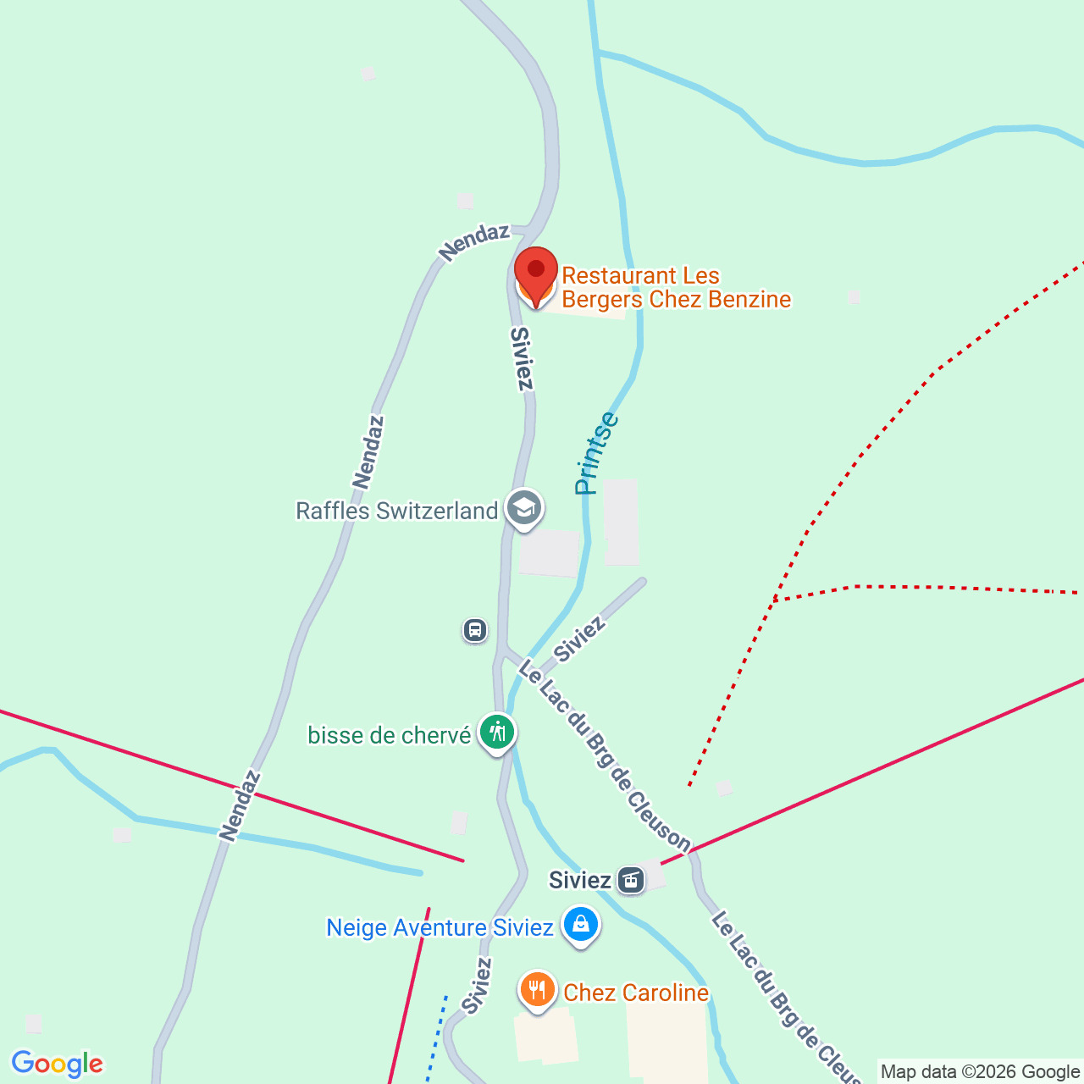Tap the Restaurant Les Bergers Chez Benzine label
click(x=676, y=288)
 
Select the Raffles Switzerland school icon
click(x=524, y=510)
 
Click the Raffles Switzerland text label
click(x=396, y=512)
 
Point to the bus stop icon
click(x=475, y=630)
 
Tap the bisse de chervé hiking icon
click(x=497, y=733)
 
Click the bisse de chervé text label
click(x=389, y=735)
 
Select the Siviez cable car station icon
click(x=631, y=880)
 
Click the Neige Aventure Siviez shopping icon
click(x=581, y=925)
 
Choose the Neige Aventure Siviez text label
click(x=440, y=928)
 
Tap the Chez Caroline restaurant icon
click(x=537, y=989)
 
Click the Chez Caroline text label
click(x=636, y=993)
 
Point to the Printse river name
click(x=596, y=453)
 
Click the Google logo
click(x=57, y=1064)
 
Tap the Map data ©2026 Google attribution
click(x=980, y=1072)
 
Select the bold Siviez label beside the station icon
click(x=579, y=881)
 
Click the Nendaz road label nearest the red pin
click(x=474, y=242)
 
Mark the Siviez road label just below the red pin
click(x=523, y=359)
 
